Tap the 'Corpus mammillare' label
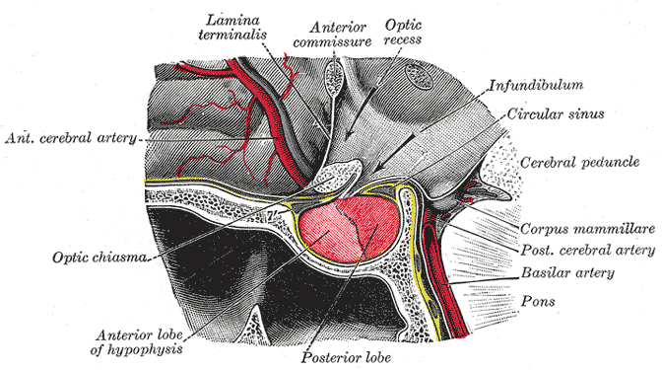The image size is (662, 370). pyautogui.click(x=586, y=226)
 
